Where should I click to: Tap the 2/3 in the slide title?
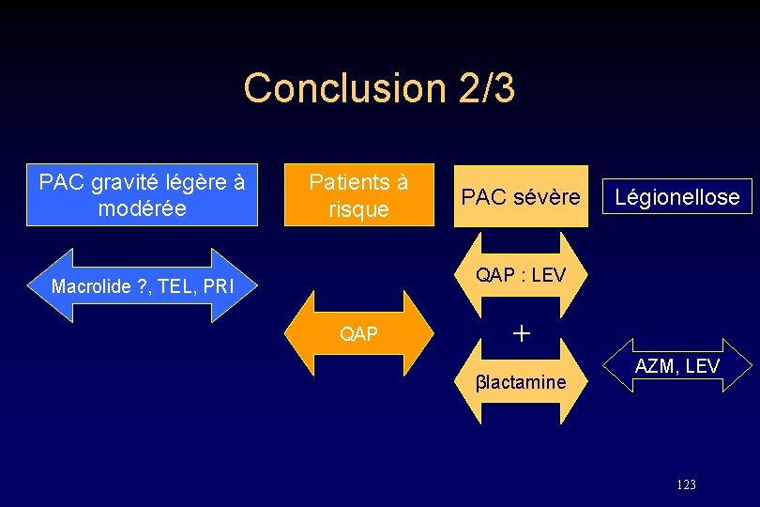coord(487,88)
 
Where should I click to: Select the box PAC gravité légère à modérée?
coord(142,195)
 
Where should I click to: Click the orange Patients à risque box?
coord(359,195)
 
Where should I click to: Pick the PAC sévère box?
coord(521,197)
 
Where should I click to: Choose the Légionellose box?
coord(677,197)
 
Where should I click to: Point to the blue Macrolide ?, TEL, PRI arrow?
coord(143,285)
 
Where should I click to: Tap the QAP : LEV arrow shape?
coord(521,275)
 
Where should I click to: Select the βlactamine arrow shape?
coord(521,381)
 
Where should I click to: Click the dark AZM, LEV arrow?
coord(677,366)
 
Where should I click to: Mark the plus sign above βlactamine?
coord(522,332)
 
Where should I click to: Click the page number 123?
coord(686,484)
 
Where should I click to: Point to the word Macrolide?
coord(91,286)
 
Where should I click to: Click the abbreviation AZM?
coord(654,366)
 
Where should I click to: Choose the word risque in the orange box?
coord(358,209)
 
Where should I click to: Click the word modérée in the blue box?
coord(142,208)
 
